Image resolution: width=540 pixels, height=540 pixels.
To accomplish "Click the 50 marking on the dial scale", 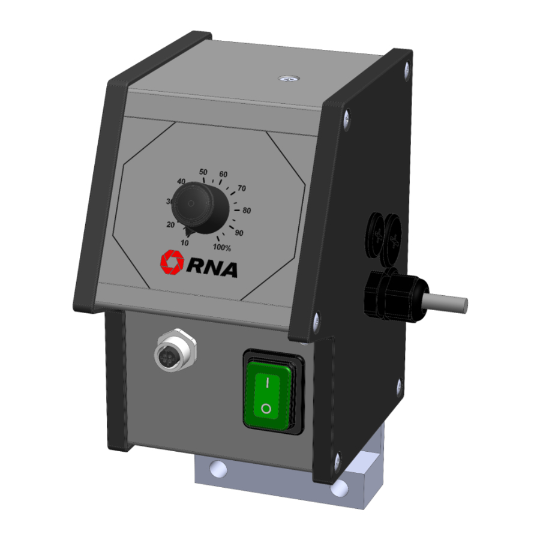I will pyautogui.click(x=203, y=172).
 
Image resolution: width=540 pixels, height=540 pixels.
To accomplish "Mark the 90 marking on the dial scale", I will pyautogui.click(x=239, y=233).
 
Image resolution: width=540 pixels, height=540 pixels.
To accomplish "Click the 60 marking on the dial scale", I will pyautogui.click(x=223, y=175).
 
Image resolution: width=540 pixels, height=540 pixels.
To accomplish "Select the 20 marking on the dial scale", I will pyautogui.click(x=170, y=224).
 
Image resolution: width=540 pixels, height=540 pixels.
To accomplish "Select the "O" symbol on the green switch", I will pyautogui.click(x=266, y=410).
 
